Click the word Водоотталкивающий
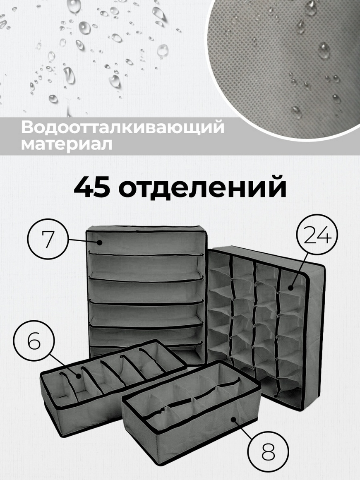tap(122, 128)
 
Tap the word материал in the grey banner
tap(67, 144)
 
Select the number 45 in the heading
tap(91, 187)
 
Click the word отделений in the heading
tap(202, 187)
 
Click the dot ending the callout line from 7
tap(99, 243)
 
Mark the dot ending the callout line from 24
tap(290, 288)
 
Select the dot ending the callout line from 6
tap(79, 376)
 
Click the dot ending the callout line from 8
tap(233, 419)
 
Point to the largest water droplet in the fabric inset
tap(324, 50)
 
